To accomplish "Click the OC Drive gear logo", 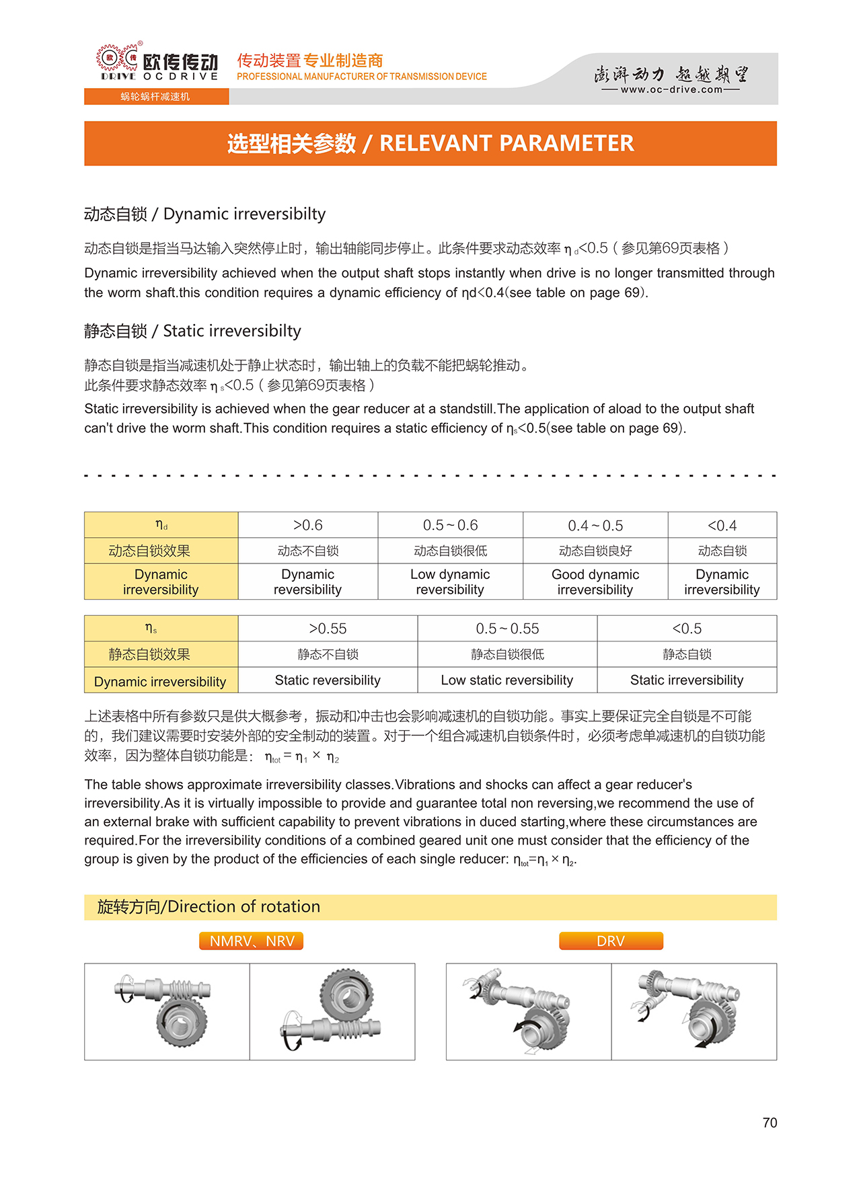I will (x=118, y=58).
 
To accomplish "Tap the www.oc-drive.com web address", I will (x=671, y=89).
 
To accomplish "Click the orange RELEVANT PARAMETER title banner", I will (x=430, y=143).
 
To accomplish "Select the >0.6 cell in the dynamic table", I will (x=307, y=525).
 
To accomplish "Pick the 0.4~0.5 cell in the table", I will (x=595, y=525).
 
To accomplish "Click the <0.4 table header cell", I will (x=722, y=525).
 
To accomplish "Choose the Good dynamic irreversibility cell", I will (x=595, y=582).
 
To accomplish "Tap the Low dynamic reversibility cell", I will (x=450, y=582).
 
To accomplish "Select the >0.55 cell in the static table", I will (x=328, y=629).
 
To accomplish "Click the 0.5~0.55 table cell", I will (x=507, y=629).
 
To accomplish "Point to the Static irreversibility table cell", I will (x=687, y=680).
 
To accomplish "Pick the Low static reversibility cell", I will (x=507, y=680).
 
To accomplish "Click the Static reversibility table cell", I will (x=328, y=680).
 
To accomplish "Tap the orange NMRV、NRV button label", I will (x=252, y=941).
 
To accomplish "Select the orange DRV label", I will (x=611, y=941).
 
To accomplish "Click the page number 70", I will (x=770, y=1123).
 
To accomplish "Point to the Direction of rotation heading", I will (x=209, y=907).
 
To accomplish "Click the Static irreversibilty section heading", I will (x=192, y=331).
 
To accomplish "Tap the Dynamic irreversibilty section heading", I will (x=204, y=214).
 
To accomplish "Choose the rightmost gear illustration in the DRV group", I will (x=694, y=1011).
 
